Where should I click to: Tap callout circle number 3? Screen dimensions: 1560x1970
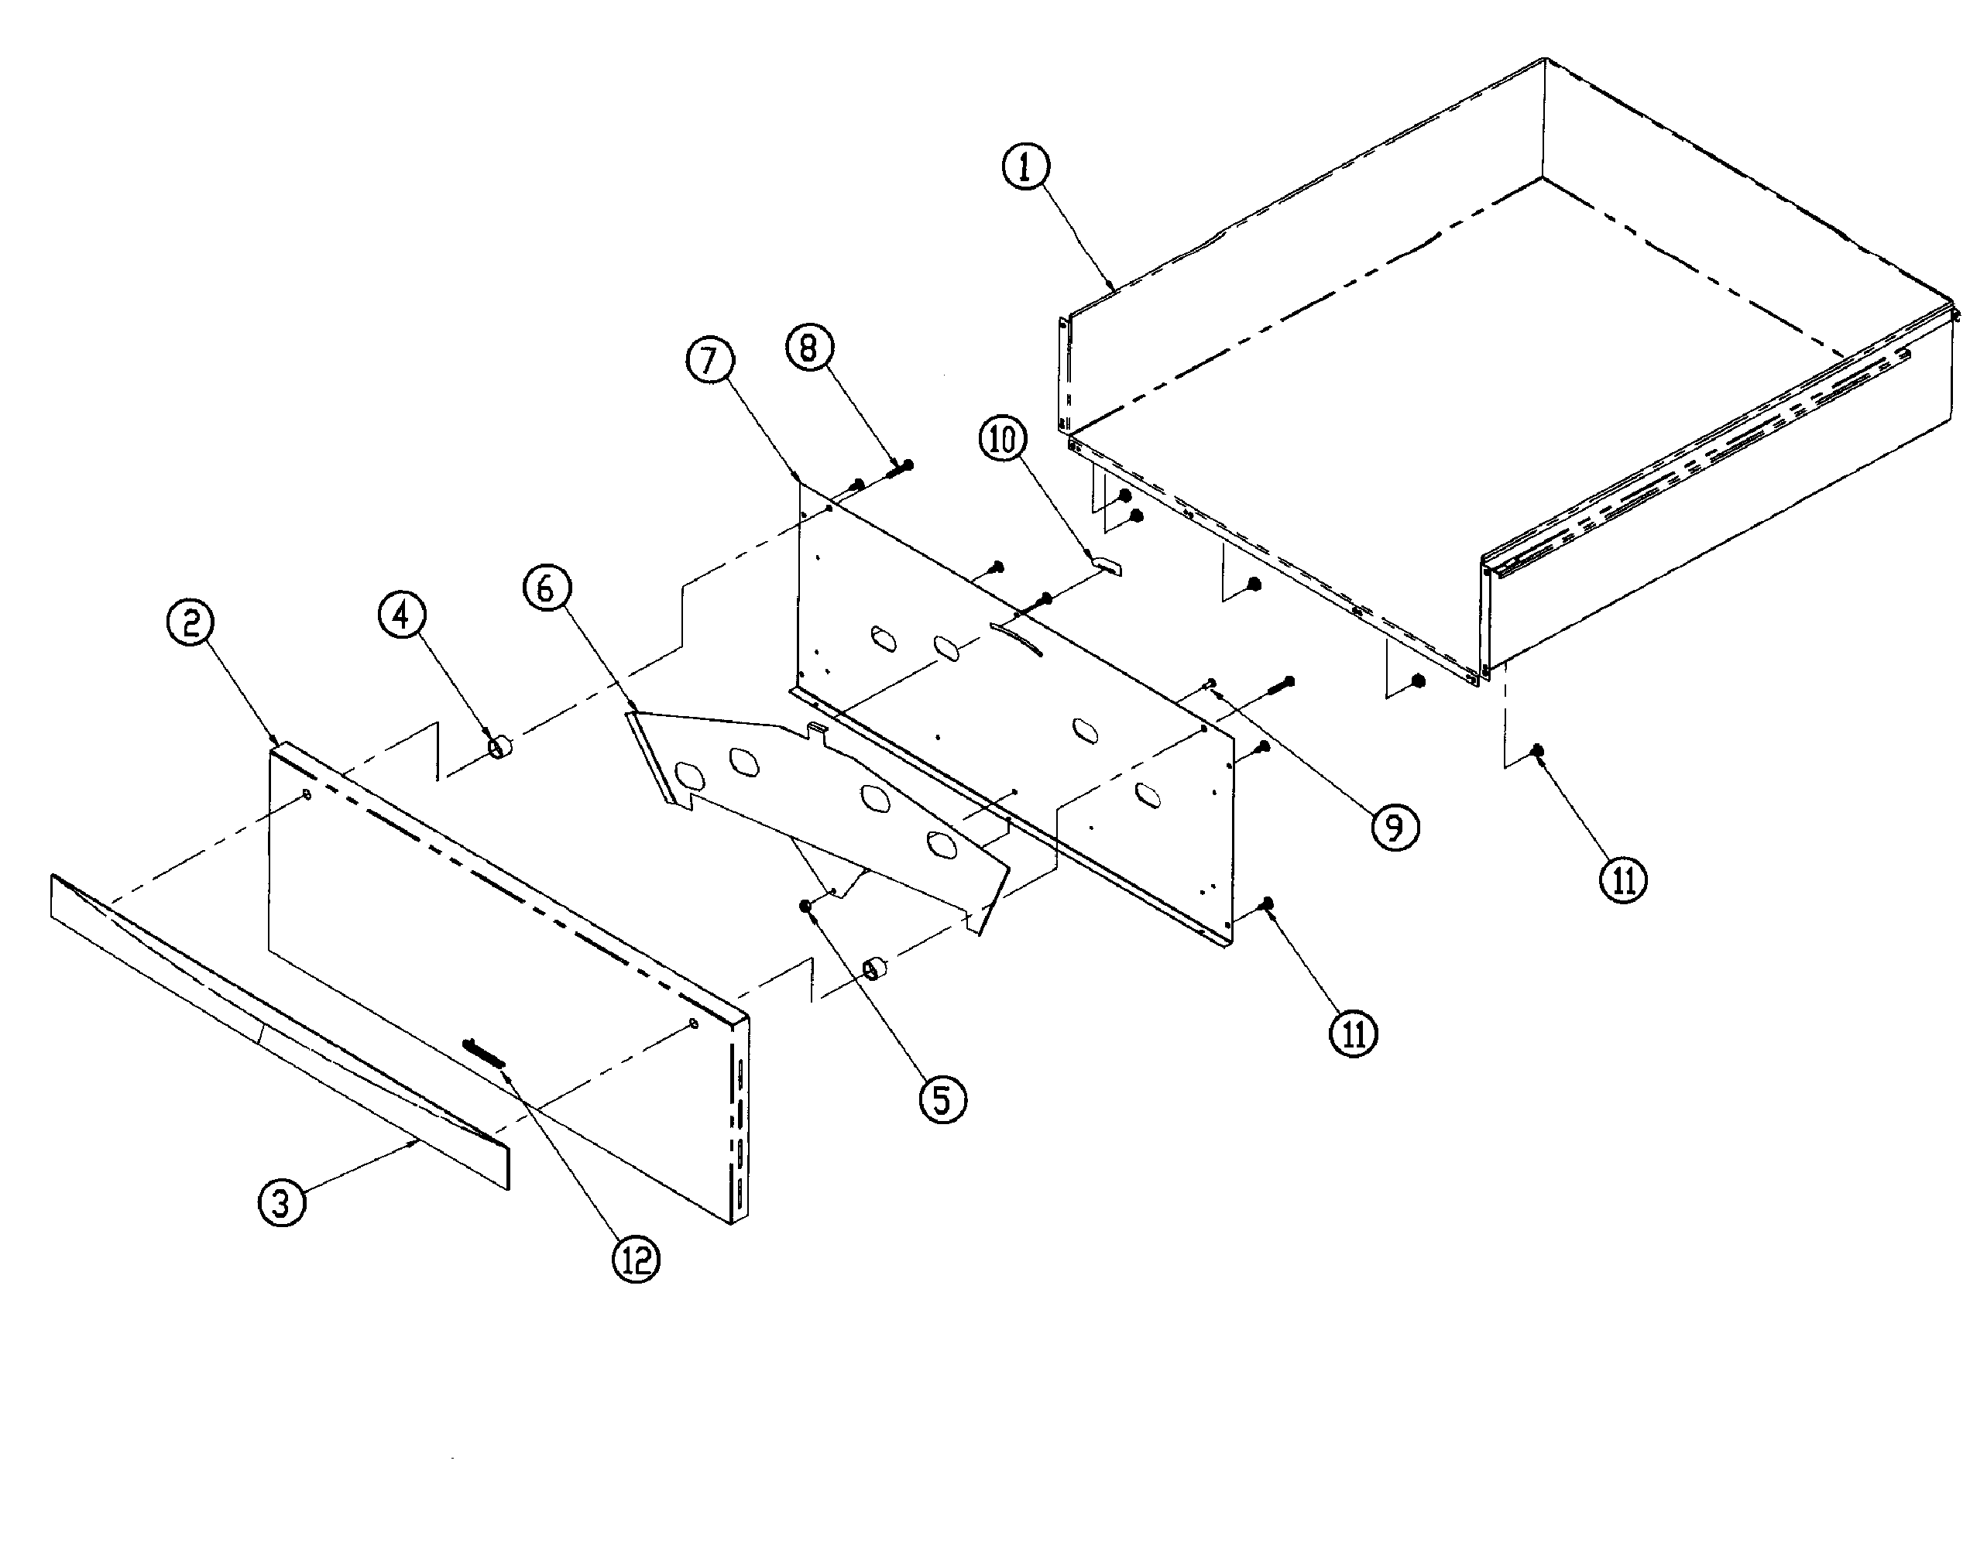tap(281, 1202)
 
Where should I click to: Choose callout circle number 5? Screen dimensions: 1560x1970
tap(942, 1099)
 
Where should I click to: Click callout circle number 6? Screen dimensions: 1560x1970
tap(546, 588)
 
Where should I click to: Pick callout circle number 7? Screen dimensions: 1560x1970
tap(709, 360)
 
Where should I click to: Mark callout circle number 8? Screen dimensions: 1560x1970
tap(809, 347)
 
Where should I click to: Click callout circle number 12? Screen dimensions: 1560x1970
tap(635, 1260)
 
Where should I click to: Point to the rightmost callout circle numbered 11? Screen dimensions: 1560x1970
tap(1623, 879)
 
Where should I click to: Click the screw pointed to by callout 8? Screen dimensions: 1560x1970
tap(900, 467)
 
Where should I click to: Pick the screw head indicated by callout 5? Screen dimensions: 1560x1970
tap(805, 905)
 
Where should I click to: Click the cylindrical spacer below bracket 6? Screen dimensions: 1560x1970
tap(876, 967)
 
